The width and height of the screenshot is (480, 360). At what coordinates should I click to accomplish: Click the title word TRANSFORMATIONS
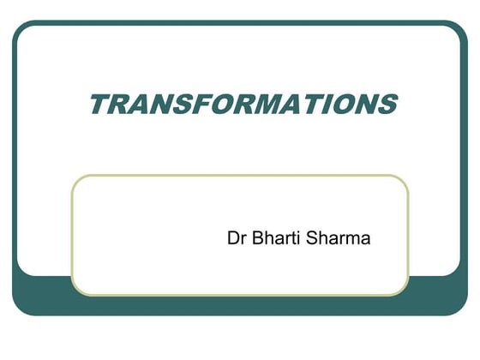pyautogui.click(x=243, y=104)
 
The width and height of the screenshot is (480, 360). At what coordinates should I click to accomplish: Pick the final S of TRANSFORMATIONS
pyautogui.click(x=386, y=104)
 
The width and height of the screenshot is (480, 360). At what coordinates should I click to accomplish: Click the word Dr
pyautogui.click(x=237, y=237)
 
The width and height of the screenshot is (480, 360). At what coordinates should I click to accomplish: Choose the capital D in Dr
pyautogui.click(x=232, y=237)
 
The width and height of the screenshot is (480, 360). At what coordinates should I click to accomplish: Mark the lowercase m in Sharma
pyautogui.click(x=353, y=239)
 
